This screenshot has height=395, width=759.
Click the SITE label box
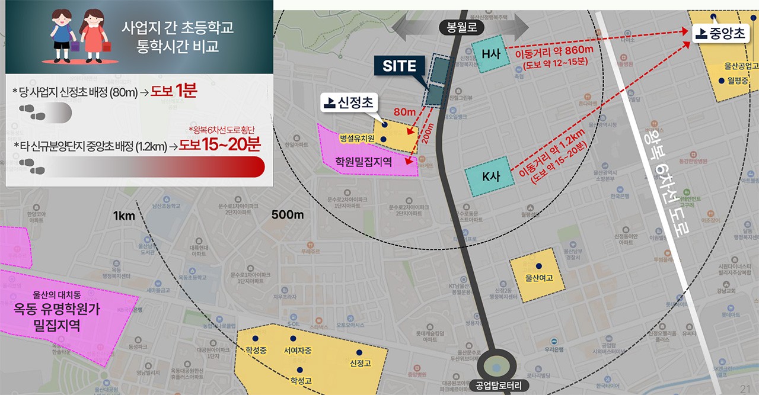coord(399,65)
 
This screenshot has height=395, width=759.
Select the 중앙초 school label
coord(721,34)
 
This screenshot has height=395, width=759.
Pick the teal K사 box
coord(490,176)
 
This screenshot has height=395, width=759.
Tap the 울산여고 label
coord(539,277)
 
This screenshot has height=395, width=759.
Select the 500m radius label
coord(288,214)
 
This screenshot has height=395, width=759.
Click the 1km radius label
coord(124,216)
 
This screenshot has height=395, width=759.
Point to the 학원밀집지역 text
coord(363,160)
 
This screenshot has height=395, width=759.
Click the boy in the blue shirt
coord(62,36)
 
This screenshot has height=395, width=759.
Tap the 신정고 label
coord(361,363)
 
